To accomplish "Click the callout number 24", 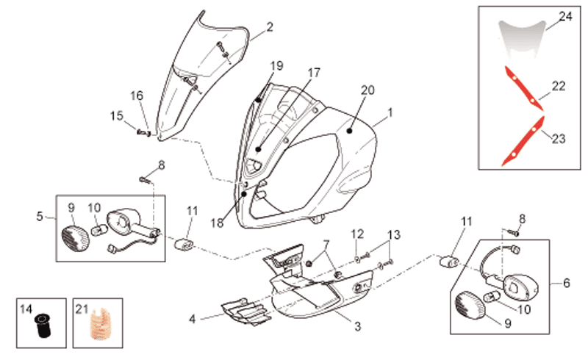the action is pyautogui.click(x=565, y=16).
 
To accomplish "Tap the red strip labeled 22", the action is pyautogui.click(x=523, y=88).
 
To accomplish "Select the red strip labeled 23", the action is pyautogui.click(x=523, y=141).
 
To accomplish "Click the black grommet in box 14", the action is pyautogui.click(x=41, y=326).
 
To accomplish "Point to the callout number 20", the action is pyautogui.click(x=367, y=90).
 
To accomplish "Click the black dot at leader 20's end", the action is pyautogui.click(x=350, y=131).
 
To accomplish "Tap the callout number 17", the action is pyautogui.click(x=314, y=73).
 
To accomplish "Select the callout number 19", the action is pyautogui.click(x=277, y=66).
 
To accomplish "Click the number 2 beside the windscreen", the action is pyautogui.click(x=270, y=27).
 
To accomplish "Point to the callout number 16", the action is pyautogui.click(x=137, y=96).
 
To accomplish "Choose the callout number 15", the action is pyautogui.click(x=117, y=115).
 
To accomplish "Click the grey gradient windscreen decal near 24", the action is pyautogui.click(x=522, y=40).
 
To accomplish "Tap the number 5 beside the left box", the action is pyautogui.click(x=40, y=217).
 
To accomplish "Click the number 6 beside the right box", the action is pyautogui.click(x=566, y=283).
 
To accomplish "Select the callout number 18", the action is pyautogui.click(x=217, y=223).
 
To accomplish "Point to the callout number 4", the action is pyautogui.click(x=193, y=319).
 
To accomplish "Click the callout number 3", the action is pyautogui.click(x=358, y=326).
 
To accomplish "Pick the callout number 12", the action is pyautogui.click(x=357, y=234).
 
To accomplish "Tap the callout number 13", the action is pyautogui.click(x=394, y=235).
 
